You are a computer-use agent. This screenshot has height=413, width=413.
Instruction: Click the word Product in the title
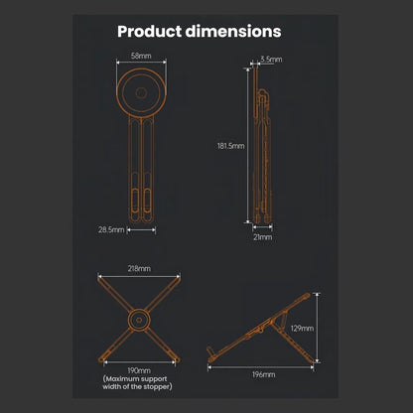[150, 32]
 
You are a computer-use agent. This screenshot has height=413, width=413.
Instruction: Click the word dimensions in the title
[233, 31]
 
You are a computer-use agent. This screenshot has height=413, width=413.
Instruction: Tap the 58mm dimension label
[141, 56]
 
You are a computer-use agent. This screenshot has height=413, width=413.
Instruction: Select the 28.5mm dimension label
[111, 229]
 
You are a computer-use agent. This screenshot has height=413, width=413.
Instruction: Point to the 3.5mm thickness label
[271, 60]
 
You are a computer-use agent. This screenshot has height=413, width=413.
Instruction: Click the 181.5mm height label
[231, 146]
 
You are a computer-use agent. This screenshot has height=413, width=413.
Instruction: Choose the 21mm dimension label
[263, 237]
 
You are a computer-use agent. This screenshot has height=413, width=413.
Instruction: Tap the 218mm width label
[139, 268]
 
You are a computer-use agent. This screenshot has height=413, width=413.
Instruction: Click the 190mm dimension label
[139, 370]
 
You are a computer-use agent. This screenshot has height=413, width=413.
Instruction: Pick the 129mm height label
[302, 329]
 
